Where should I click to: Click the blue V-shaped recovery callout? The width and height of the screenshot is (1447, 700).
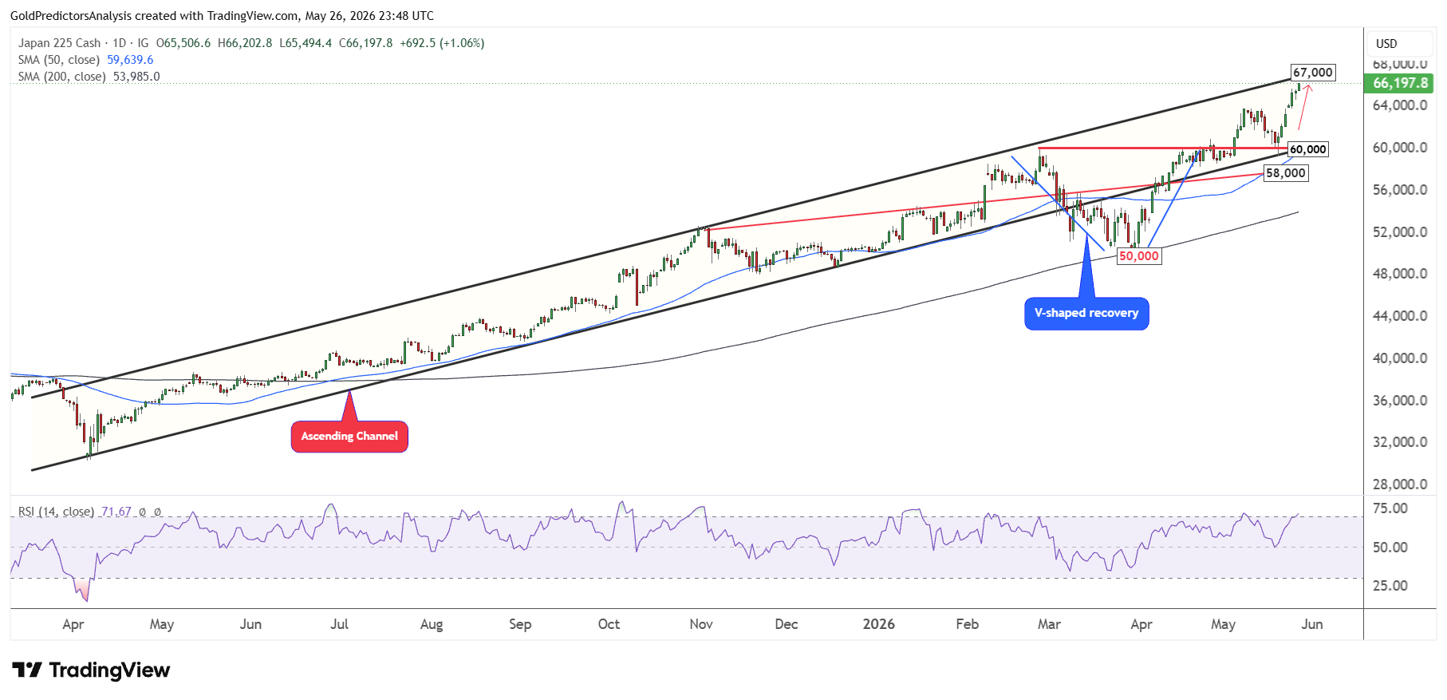coord(1086,314)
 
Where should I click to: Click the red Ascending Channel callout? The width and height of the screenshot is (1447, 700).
coord(349,437)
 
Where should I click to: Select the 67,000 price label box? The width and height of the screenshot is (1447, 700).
coord(1312,73)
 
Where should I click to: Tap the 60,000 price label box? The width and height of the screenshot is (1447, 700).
coord(1308,149)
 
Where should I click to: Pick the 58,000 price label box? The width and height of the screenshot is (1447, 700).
coord(1286,173)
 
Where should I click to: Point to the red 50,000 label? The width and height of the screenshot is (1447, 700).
coord(1139,256)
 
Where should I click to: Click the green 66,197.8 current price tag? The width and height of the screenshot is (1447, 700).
coord(1400,83)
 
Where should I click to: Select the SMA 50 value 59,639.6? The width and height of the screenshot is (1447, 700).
coord(130,60)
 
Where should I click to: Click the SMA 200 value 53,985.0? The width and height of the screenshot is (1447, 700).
coord(136,77)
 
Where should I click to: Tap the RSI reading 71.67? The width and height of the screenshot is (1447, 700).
coord(116,512)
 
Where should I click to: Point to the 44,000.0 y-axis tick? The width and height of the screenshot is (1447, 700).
coord(1400,316)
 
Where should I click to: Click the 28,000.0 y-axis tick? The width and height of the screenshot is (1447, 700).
coord(1400,484)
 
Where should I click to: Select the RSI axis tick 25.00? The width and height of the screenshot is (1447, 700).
coord(1390,586)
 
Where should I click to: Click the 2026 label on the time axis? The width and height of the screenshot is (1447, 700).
coord(878,624)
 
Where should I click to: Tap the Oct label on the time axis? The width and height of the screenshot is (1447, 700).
coord(609,624)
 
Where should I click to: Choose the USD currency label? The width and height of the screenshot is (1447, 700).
coord(1386,44)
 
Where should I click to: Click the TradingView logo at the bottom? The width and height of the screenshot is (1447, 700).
coord(91,670)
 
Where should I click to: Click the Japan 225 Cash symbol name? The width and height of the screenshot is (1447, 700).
coord(60,43)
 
